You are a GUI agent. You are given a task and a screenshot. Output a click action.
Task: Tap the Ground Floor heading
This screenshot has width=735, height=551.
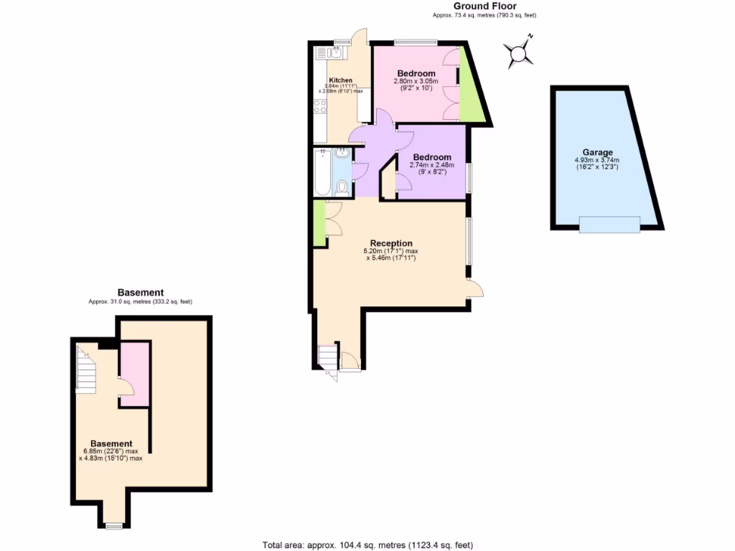tap(484, 6)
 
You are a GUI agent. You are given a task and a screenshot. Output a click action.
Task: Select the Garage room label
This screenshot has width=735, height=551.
tap(597, 152)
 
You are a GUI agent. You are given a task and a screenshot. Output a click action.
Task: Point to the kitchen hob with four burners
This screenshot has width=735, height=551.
tap(320, 108)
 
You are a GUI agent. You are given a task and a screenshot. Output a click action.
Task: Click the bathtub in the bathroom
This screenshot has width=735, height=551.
tap(322, 172)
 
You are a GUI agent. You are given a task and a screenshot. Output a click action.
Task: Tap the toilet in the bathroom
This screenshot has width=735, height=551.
tap(342, 188)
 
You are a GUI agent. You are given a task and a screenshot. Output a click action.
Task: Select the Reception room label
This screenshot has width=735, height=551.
tap(391, 242)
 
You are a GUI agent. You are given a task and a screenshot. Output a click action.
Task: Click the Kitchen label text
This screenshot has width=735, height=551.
tap(340, 80)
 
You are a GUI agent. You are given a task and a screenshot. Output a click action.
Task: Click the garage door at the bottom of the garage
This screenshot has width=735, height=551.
tap(609, 225)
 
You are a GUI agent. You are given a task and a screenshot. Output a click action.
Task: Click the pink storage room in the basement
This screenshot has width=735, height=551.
tap(134, 373)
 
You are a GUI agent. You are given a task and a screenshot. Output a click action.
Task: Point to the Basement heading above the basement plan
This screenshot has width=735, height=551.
tap(141, 292)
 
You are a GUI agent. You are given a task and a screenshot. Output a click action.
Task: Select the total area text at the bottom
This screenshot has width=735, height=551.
tap(368, 545)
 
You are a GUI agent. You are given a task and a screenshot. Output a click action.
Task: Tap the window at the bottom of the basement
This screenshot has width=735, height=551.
tap(112, 526)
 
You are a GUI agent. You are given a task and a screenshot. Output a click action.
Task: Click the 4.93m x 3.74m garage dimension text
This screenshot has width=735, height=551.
tap(596, 164)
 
